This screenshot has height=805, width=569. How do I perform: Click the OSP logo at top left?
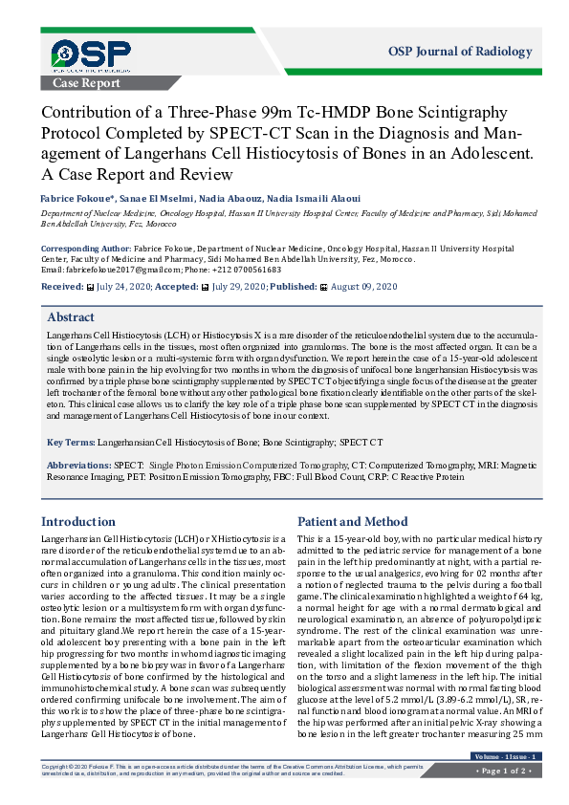(92, 56)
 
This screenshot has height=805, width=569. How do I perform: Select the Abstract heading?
(71, 317)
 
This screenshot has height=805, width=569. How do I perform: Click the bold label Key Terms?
(70, 443)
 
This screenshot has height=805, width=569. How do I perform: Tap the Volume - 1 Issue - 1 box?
(506, 757)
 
